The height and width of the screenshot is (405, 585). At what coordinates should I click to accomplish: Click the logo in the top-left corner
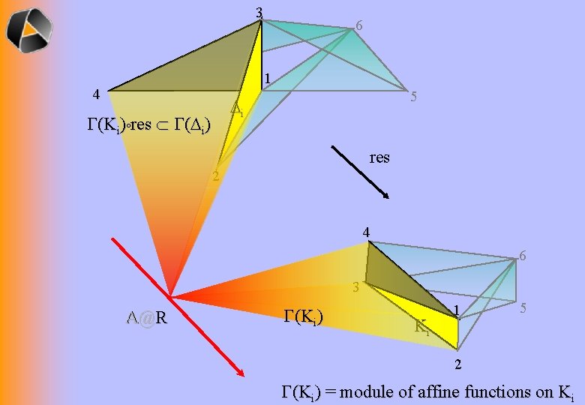[x=30, y=29]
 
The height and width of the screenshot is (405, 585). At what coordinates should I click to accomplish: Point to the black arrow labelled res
[x=361, y=172]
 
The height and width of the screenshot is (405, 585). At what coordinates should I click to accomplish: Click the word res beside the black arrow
[x=379, y=157]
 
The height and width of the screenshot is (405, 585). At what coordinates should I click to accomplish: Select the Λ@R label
[x=147, y=318]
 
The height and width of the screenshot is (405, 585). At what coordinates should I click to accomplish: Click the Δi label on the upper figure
[x=237, y=109]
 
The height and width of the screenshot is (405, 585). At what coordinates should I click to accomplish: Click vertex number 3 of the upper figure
[x=259, y=13]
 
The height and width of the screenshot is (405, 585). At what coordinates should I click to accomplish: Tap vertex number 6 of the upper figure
[x=360, y=26]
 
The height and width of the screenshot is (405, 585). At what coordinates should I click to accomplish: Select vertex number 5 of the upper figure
[x=413, y=97]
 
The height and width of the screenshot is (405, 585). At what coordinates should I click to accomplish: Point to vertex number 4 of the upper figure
[x=94, y=94]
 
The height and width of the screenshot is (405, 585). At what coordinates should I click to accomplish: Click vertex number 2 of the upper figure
[x=215, y=177]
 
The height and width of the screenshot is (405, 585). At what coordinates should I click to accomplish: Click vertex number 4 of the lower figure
[x=366, y=232]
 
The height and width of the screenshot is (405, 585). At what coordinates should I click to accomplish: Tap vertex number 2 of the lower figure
[x=459, y=364]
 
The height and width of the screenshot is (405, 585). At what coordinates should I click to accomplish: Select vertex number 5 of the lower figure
[x=526, y=308]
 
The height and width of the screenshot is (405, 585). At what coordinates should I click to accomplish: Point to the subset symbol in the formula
[x=163, y=124]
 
